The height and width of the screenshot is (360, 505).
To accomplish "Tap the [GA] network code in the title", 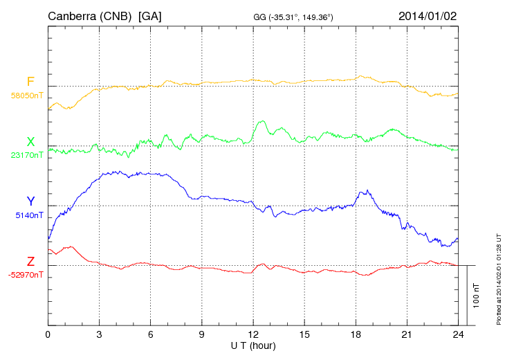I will pos(150,15).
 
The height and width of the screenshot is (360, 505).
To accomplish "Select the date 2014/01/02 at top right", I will pos(428,15).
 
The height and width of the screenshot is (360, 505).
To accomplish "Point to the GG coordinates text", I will pos(294,17).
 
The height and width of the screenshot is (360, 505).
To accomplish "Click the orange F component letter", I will pos(30,82).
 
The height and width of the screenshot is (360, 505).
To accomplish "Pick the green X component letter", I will pos(30,143).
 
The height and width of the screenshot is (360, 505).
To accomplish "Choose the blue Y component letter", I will pos(30,202).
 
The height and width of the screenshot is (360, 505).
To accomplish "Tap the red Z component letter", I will pos(30,262).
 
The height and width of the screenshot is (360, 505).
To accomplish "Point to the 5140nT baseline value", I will pos(28,215).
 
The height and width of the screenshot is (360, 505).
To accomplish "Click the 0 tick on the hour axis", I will pos(48,334).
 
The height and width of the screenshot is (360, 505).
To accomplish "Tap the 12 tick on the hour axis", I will pos(253,334).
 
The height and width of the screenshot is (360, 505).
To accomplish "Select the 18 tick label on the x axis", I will pos(356,334).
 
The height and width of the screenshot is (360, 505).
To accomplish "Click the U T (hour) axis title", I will pos(253,345).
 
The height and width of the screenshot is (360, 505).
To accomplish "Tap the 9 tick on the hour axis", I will pos(202,334).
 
